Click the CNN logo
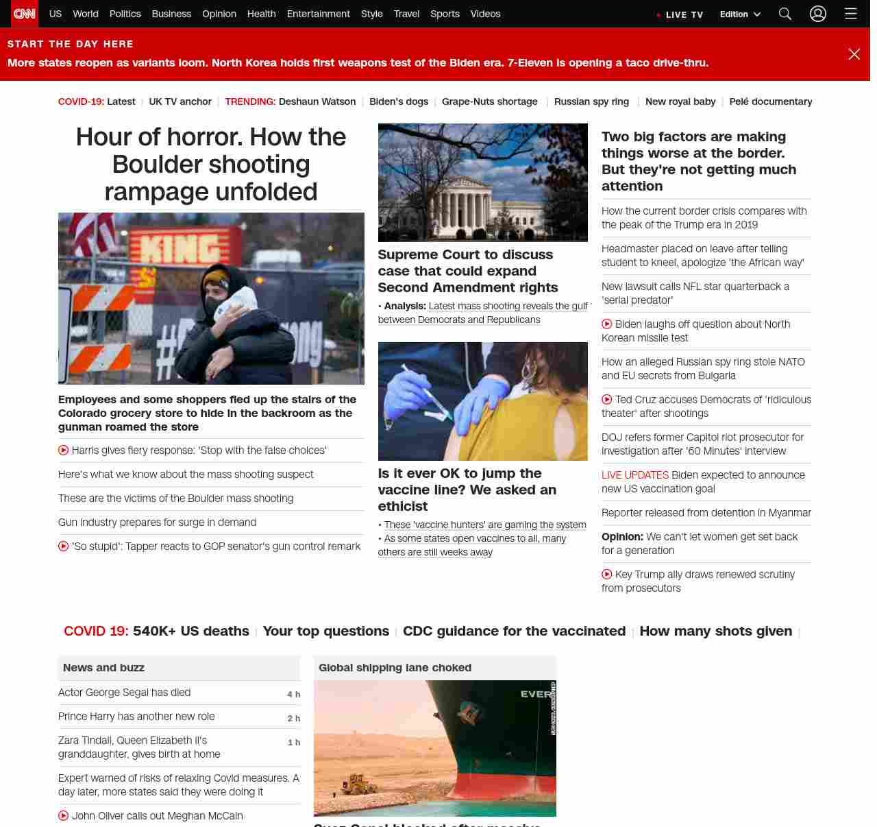25,14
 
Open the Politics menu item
125,14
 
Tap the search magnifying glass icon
785,14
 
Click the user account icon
818,14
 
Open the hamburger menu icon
851,14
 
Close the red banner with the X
854,54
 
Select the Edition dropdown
740,14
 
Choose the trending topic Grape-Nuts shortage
489,101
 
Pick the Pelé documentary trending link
770,101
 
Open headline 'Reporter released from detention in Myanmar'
706,513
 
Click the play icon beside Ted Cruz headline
607,399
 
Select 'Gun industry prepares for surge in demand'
157,523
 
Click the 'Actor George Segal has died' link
124,693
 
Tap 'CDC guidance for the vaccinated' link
514,631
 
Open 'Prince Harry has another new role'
136,717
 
